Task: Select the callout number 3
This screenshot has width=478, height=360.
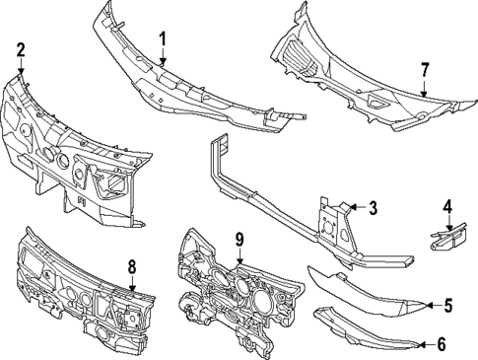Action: point(373,207)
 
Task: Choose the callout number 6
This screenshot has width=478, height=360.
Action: point(441,344)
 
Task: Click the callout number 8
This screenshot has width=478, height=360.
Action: point(131,265)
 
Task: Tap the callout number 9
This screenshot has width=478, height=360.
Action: point(238,239)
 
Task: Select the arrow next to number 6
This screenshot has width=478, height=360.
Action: point(423,344)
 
